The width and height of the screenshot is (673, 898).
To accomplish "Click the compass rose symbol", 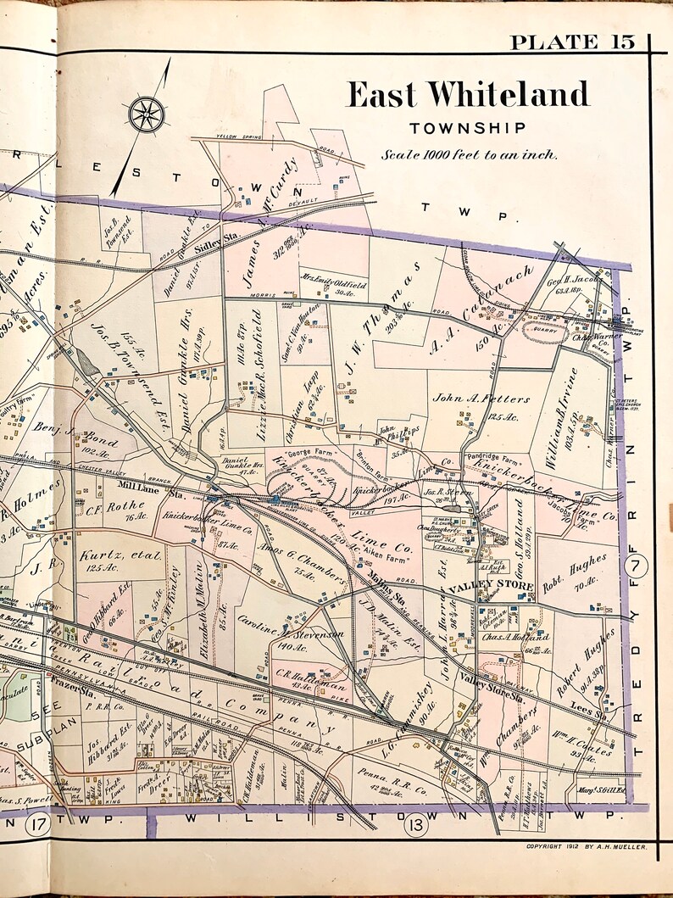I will [146, 114].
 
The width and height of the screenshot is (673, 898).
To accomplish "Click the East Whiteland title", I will [468, 95].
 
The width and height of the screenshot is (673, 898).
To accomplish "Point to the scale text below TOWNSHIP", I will [469, 154].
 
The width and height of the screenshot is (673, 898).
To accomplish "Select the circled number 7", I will [637, 564].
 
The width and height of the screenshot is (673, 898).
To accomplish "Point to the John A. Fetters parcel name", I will [481, 399].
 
